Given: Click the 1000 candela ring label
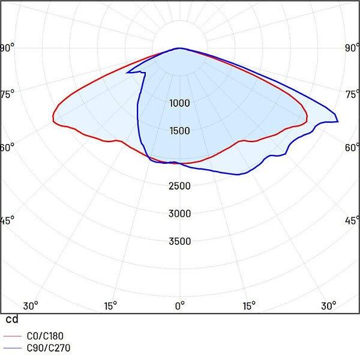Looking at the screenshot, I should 179,103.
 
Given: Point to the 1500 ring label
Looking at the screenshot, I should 179,131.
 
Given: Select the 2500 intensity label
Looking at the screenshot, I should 179,186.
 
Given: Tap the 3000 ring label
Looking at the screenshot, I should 179,214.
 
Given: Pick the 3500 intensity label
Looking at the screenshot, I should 179,241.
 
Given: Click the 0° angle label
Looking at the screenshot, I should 179,306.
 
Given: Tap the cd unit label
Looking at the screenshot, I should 12,320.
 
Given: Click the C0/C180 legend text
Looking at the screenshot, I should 44,337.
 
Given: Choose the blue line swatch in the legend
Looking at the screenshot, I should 13,348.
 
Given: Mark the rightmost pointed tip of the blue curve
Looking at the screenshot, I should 338,122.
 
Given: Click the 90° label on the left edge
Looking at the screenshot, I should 7,48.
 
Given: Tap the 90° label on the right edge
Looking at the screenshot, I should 352,48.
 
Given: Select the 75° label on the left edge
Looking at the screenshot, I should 7,93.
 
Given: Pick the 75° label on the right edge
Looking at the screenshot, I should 352,93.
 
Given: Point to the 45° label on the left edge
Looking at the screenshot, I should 7,220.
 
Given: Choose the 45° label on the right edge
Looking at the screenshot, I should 352,220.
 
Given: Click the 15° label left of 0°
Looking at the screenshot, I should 110,306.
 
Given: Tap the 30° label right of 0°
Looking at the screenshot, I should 328,306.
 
